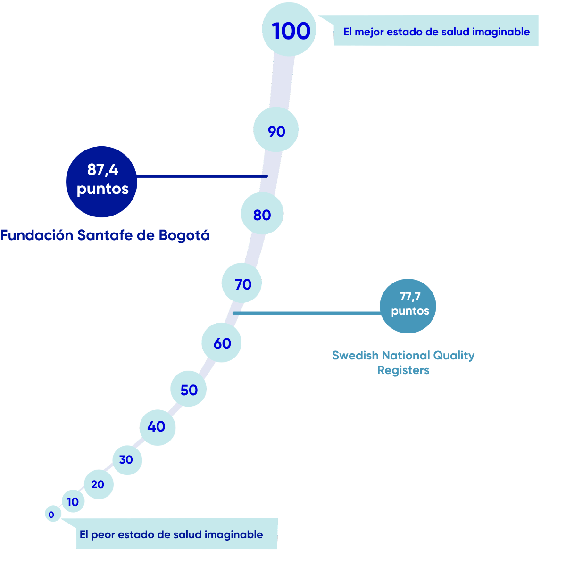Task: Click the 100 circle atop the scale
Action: [290, 30]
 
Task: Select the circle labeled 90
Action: [276, 130]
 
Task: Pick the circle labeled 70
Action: [242, 283]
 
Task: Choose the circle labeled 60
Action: [222, 342]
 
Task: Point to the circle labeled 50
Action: [188, 389]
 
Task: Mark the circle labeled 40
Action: [157, 427]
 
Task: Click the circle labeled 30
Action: [127, 460]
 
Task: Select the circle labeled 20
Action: [99, 484]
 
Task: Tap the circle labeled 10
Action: [73, 502]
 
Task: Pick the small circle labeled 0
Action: [53, 514]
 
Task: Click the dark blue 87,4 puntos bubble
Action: [101, 182]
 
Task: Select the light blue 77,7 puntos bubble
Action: [408, 306]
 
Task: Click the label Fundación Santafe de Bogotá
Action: [105, 235]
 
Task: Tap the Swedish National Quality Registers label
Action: [403, 362]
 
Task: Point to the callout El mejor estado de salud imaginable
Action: [436, 31]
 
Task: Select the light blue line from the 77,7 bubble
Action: [307, 313]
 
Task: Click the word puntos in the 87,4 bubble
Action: [103, 189]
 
